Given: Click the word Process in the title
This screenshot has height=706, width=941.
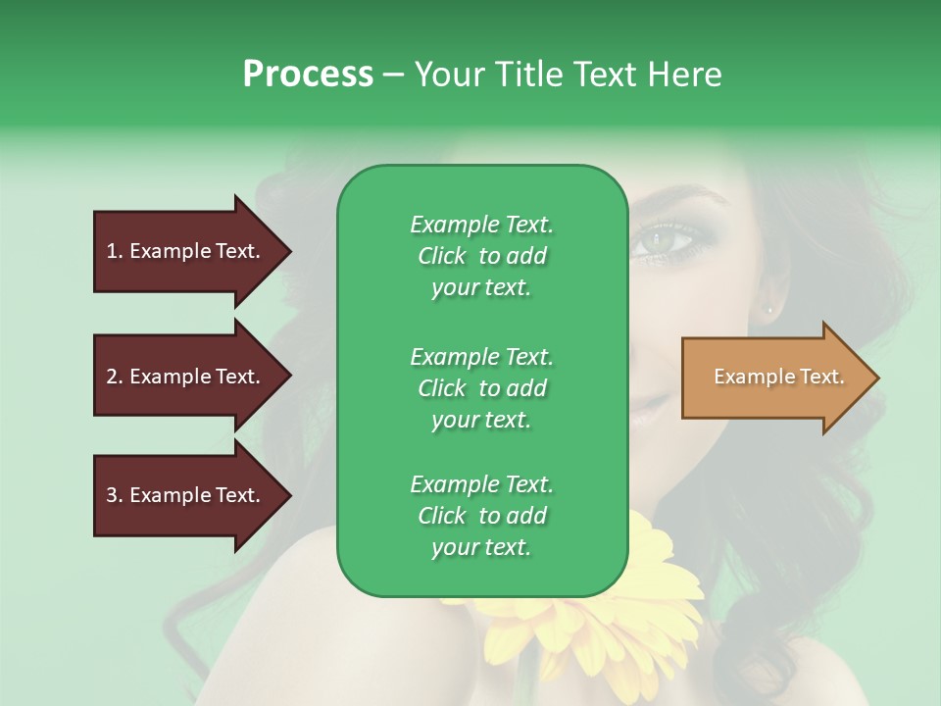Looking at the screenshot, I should [x=308, y=75].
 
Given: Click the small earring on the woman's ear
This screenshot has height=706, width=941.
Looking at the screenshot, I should [x=769, y=310].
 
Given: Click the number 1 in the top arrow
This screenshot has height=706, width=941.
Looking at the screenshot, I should [x=112, y=251].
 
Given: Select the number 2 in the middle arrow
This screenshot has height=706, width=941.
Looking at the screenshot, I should [x=112, y=377].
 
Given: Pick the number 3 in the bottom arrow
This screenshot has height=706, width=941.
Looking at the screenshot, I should [x=112, y=495].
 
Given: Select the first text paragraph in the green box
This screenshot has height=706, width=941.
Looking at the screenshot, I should [x=481, y=256].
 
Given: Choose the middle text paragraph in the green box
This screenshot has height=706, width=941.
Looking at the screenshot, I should [x=481, y=388].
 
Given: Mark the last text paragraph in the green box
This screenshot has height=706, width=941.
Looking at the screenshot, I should [x=481, y=516].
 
